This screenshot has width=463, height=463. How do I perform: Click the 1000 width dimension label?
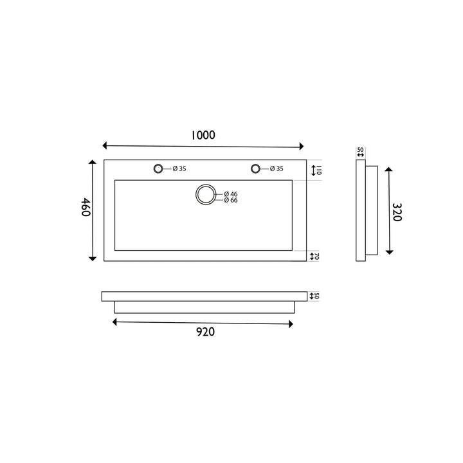coord(203,135)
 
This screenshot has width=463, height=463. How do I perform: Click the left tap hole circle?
coord(158,168)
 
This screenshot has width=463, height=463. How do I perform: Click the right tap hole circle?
coord(256,168)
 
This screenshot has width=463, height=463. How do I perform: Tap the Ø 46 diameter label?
coord(231,194)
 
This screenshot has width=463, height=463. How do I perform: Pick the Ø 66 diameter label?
coord(231,201)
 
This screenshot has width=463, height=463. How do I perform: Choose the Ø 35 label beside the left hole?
coord(179,169)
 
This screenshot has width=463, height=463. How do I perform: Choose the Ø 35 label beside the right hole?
coord(277,169)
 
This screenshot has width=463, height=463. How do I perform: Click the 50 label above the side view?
coord(360,150)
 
